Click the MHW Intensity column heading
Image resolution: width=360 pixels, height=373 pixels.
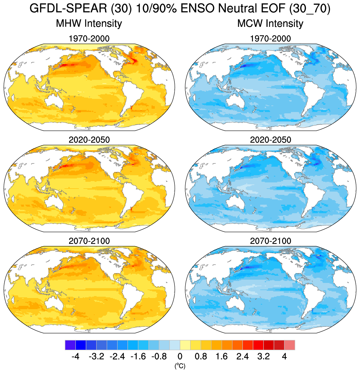(x=89, y=24)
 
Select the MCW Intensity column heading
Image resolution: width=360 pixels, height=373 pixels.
(x=270, y=24)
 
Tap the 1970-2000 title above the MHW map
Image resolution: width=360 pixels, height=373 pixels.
(x=89, y=39)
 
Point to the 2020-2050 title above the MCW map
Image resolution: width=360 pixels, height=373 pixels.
(x=270, y=140)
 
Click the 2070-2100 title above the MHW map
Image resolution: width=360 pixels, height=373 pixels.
(x=89, y=241)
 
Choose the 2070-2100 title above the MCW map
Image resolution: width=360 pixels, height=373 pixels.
(x=270, y=241)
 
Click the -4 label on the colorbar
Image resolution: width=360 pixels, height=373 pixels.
(x=76, y=356)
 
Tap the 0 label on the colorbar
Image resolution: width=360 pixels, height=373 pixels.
(x=180, y=356)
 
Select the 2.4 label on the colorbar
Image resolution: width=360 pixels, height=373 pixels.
(x=243, y=356)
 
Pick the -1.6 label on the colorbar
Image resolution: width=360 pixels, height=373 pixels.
(x=138, y=356)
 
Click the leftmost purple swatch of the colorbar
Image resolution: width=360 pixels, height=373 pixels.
(x=70, y=345)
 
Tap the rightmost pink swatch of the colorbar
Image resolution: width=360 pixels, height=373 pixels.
(x=290, y=345)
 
